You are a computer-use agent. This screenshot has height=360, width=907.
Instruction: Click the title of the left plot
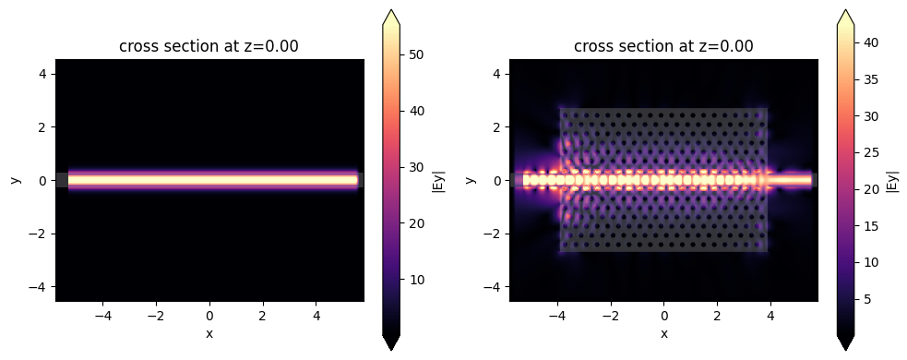pyautogui.click(x=209, y=47)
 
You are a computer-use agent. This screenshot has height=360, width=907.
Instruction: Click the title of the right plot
pyautogui.click(x=663, y=47)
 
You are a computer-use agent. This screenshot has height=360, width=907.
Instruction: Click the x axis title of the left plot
pyautogui.click(x=209, y=333)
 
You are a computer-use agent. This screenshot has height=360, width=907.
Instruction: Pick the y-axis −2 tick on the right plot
pyautogui.click(x=495, y=234)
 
